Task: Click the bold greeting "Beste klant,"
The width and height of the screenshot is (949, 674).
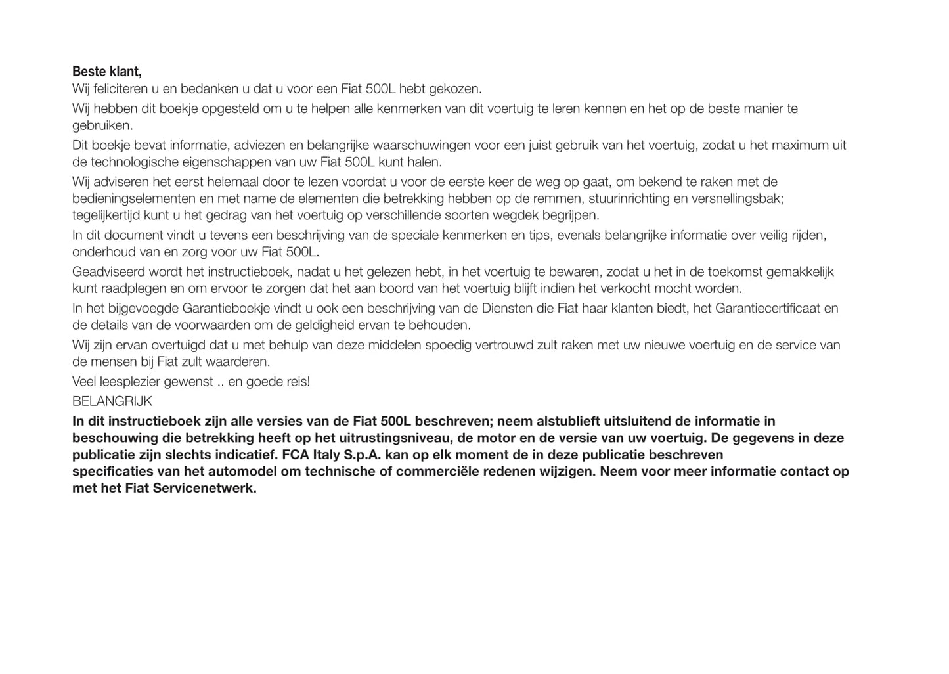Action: point(106,72)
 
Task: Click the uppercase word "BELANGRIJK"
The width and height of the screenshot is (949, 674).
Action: point(112,401)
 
